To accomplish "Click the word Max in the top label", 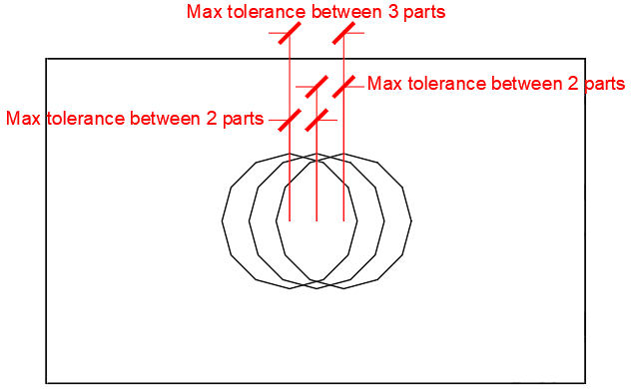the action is (x=205, y=12).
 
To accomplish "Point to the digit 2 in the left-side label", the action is (x=212, y=119).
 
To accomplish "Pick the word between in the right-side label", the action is (x=527, y=84).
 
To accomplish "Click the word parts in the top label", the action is (x=424, y=12).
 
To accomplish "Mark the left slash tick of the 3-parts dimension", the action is (x=290, y=33).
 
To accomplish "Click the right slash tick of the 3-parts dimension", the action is (x=343, y=33).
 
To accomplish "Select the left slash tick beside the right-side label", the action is (x=316, y=87).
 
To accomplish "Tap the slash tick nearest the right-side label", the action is (x=343, y=87).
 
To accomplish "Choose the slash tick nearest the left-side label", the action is (x=290, y=120).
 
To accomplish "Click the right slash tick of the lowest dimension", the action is (x=316, y=120).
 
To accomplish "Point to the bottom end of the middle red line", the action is (x=316, y=220).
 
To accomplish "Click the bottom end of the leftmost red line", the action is (x=290, y=220).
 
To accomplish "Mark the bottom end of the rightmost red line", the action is (x=343, y=220).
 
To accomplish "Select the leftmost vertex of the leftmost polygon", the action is (x=222, y=220).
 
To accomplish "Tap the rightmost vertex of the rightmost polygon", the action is (x=411, y=220).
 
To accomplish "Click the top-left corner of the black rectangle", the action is (x=46, y=59).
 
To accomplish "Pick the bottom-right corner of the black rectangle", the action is (x=585, y=383).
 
